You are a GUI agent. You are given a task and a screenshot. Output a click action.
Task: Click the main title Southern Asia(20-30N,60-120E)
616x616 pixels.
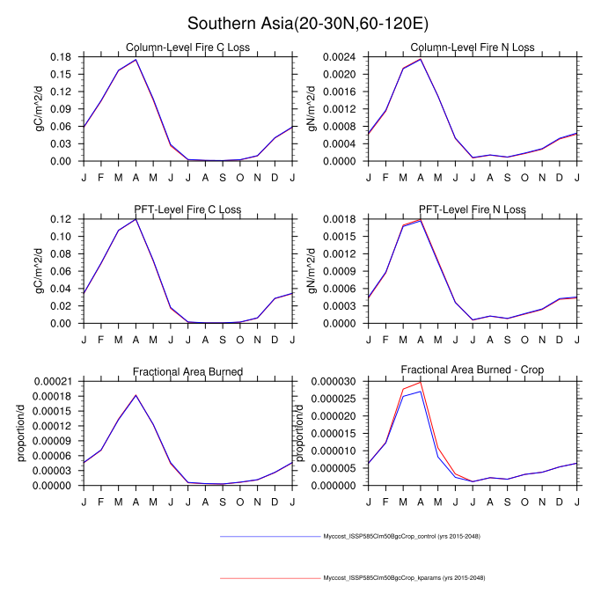pyautogui.click(x=308, y=22)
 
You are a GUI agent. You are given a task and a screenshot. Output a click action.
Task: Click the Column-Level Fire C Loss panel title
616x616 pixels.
pyautogui.click(x=187, y=48)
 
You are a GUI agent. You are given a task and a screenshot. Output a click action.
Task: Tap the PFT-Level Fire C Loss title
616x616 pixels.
pyautogui.click(x=187, y=209)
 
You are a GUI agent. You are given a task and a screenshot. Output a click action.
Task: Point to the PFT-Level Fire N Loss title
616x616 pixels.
pyautogui.click(x=473, y=209)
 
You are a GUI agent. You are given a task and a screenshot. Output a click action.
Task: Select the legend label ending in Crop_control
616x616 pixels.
pyautogui.click(x=401, y=536)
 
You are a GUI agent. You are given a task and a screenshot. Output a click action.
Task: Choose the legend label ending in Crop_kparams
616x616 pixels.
pyautogui.click(x=404, y=578)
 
